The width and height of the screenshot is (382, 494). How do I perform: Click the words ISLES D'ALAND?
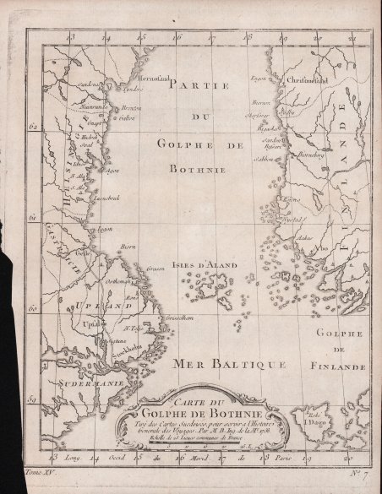(x=205, y=265)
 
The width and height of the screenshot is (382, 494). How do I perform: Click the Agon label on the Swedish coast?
(x=110, y=168)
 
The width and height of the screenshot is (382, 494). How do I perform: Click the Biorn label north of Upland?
(x=128, y=245)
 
